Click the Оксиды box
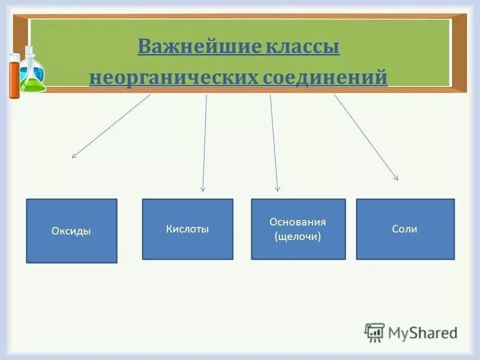[x=71, y=231]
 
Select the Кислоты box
[x=187, y=229]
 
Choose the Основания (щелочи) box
[x=298, y=229]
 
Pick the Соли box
[x=405, y=229]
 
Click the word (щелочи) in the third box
[x=298, y=236]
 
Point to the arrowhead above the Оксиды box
[x=74, y=155]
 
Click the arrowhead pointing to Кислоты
[x=203, y=188]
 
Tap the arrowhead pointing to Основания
[x=277, y=188]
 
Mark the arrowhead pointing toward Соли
[x=395, y=177]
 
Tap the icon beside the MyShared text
[x=374, y=332]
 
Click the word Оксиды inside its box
[x=71, y=231]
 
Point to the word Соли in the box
[x=404, y=229]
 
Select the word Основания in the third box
[x=298, y=222]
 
